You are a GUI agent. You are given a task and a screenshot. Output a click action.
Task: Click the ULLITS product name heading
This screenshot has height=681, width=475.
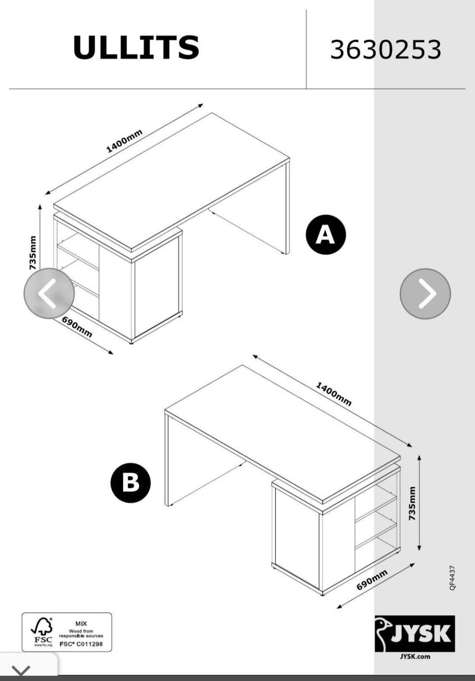click(x=136, y=47)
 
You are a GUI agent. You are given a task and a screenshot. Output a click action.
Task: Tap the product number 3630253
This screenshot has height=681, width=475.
click(x=385, y=49)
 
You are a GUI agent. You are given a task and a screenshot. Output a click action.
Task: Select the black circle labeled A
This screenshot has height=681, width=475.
click(x=326, y=234)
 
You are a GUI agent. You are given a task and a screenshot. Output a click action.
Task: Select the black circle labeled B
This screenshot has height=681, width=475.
click(x=131, y=482)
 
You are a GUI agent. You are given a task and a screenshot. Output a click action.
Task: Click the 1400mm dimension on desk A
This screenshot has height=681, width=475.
click(x=124, y=141)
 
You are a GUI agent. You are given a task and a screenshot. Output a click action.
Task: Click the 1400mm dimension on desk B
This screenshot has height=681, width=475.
click(x=334, y=394)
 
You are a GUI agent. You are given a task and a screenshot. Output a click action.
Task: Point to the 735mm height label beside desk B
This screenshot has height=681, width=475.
click(x=412, y=503)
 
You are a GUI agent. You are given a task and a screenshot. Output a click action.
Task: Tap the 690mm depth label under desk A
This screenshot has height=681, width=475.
click(x=77, y=327)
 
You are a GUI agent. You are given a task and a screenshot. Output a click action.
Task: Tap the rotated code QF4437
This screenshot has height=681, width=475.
click(x=452, y=578)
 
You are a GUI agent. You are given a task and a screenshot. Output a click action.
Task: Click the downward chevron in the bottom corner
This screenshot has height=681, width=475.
click(x=21, y=670)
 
